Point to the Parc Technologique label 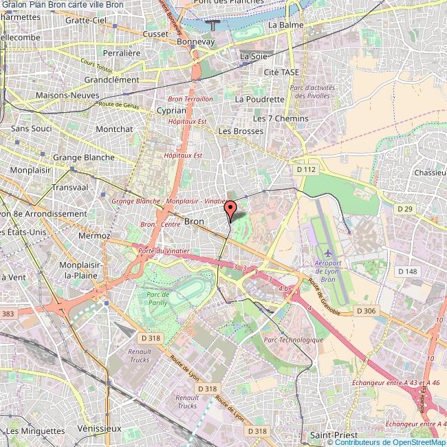point(293,340)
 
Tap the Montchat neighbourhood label point(114,129)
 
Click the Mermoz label point(94,235)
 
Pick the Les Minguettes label point(32,430)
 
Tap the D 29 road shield point(406,208)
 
